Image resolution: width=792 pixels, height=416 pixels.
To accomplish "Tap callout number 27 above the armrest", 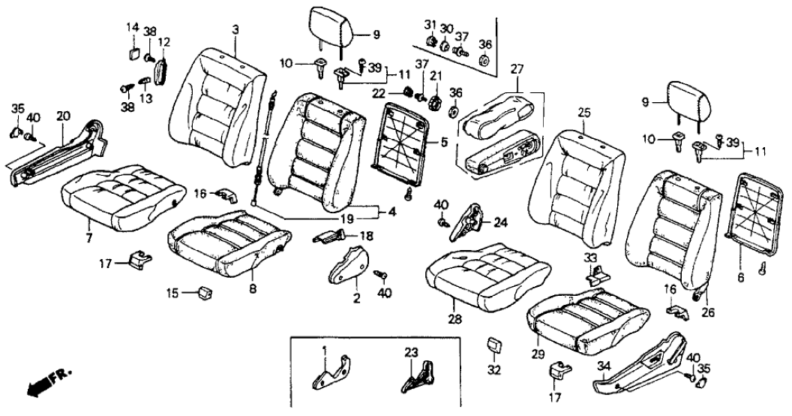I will click(x=517, y=70).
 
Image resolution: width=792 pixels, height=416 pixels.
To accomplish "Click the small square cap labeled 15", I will click(x=205, y=291).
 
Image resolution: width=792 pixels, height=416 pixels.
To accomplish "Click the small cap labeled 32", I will click(x=493, y=345).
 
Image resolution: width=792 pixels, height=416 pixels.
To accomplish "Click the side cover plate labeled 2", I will click(x=349, y=268).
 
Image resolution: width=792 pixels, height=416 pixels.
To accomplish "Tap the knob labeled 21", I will click(x=436, y=101).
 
